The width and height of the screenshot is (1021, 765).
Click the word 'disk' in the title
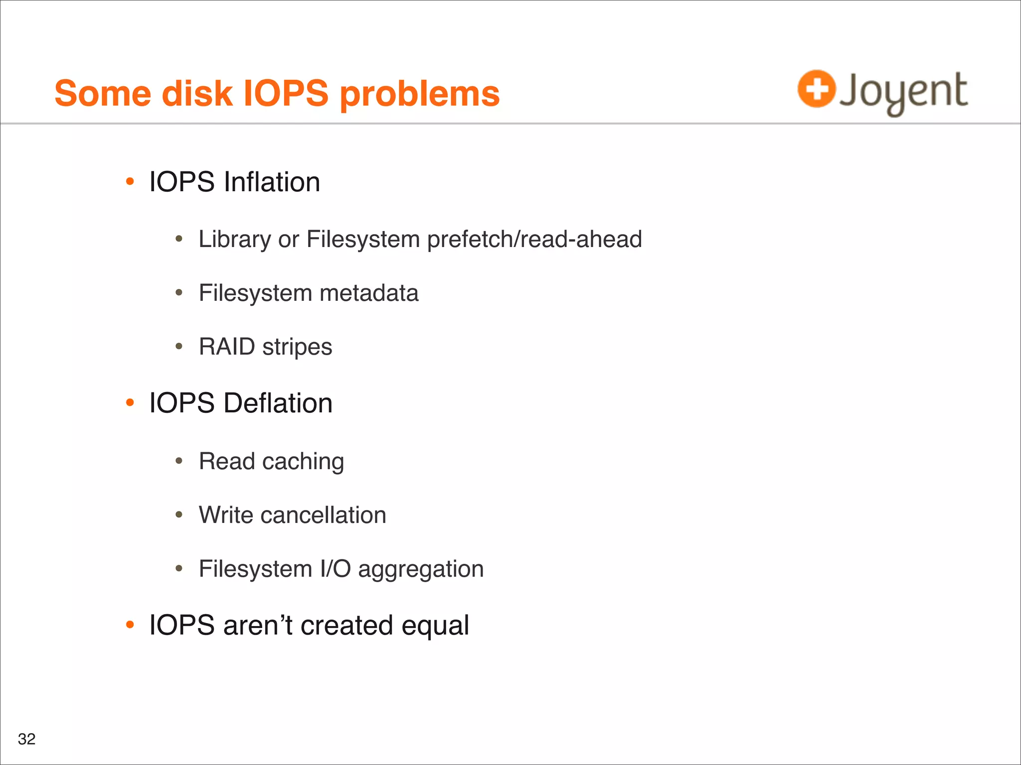[x=197, y=94]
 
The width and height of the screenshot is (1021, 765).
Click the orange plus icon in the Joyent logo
[x=816, y=89]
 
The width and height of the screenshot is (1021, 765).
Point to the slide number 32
[x=26, y=739]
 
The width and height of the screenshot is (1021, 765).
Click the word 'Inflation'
[x=272, y=182]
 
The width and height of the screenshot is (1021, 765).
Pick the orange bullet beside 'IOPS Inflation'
[x=130, y=182]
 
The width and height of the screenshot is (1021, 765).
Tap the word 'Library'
[x=234, y=240]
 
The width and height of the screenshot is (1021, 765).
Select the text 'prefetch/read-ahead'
[x=534, y=240]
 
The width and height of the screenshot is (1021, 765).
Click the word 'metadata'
[x=368, y=293]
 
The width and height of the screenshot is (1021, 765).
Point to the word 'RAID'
[x=227, y=347]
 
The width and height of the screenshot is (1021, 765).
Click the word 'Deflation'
[x=278, y=403]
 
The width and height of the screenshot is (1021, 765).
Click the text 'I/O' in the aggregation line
[x=335, y=569]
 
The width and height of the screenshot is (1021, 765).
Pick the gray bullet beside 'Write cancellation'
[x=179, y=515]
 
